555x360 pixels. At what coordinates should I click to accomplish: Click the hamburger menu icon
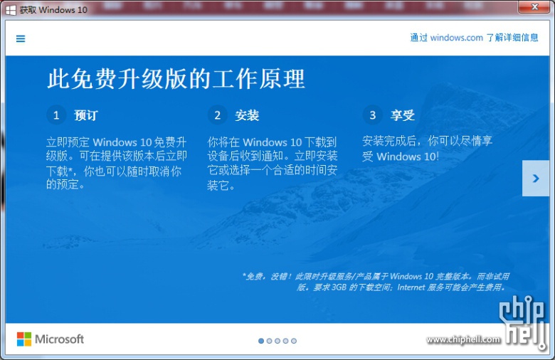click(x=21, y=38)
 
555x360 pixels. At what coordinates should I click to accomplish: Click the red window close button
click(x=535, y=7)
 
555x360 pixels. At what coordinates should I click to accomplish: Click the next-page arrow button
click(x=536, y=178)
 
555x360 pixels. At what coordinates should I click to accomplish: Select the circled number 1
click(x=56, y=115)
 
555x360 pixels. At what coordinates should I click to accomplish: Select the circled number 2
click(x=217, y=115)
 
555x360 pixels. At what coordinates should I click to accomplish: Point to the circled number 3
click(x=372, y=115)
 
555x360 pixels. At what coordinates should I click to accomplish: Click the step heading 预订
click(x=86, y=115)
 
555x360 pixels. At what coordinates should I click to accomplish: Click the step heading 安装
click(x=247, y=115)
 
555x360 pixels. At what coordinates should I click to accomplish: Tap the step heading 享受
click(x=403, y=115)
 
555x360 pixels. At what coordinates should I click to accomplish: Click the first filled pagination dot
click(x=261, y=341)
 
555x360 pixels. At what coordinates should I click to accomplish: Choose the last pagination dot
click(x=294, y=341)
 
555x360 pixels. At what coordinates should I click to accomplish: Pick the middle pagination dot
click(x=277, y=341)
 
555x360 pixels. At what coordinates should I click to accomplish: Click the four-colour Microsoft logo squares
click(x=24, y=339)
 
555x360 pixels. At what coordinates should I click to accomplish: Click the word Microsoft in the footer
click(x=60, y=339)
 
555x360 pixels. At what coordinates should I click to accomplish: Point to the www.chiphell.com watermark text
click(x=463, y=340)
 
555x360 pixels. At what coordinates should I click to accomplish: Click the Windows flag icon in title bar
click(x=11, y=10)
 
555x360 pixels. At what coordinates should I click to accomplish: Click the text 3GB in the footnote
click(x=339, y=287)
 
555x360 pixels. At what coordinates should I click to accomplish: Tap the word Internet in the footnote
click(x=411, y=287)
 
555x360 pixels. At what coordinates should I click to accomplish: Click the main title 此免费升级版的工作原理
click(x=176, y=79)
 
